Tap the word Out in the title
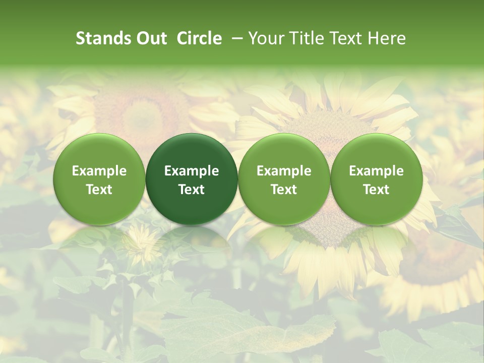[150, 38]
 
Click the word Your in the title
[264, 38]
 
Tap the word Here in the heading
[386, 38]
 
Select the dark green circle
[192, 179]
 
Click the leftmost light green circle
[99, 179]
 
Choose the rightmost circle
[377, 179]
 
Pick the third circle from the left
[284, 179]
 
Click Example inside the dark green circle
[192, 171]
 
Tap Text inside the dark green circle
[192, 189]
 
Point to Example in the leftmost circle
[99, 171]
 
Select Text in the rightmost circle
[377, 189]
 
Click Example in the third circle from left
[284, 171]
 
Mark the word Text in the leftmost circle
[99, 189]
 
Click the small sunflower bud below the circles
[142, 241]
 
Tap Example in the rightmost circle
[377, 171]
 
